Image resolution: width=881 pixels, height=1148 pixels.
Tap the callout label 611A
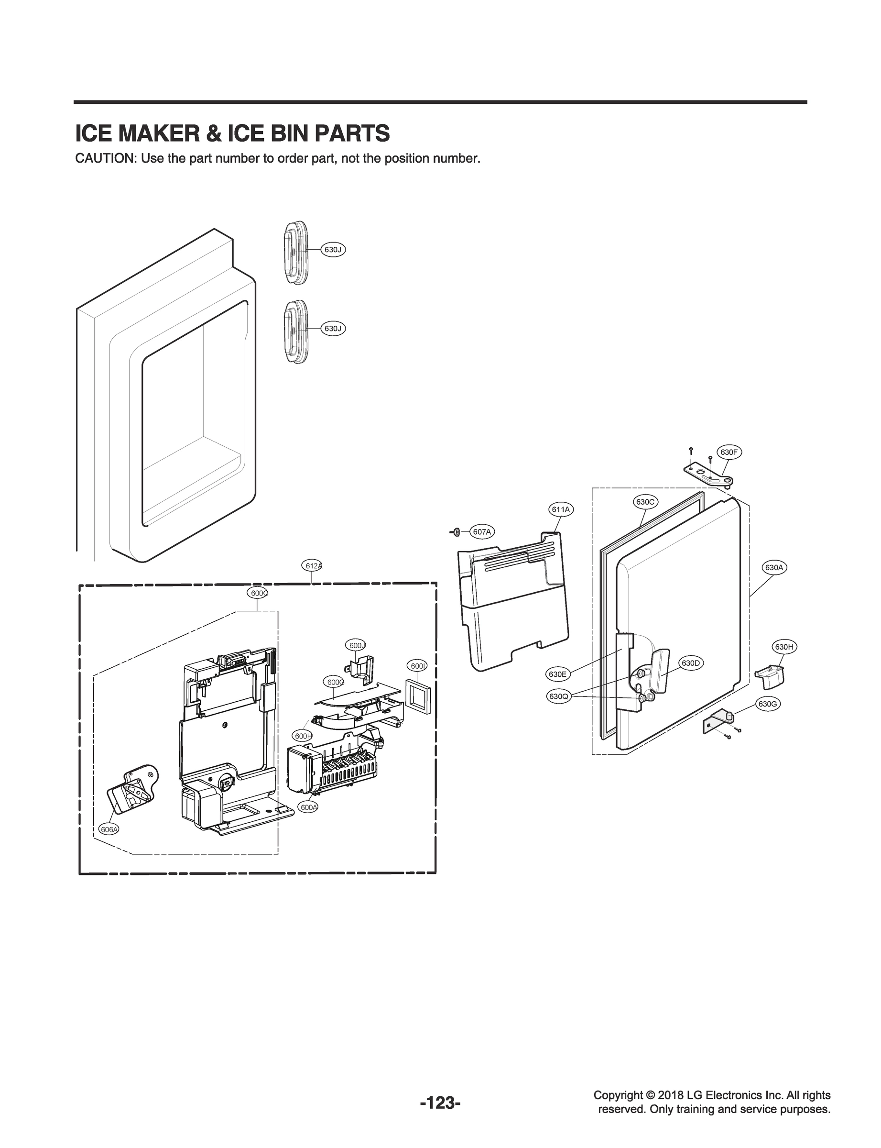tap(561, 509)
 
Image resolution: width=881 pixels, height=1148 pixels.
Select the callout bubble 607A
tap(482, 532)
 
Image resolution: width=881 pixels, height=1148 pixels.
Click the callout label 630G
tap(767, 704)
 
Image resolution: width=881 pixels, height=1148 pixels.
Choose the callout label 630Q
tap(559, 697)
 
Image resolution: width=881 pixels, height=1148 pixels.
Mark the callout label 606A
tap(109, 829)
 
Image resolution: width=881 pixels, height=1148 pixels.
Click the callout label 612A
tap(313, 565)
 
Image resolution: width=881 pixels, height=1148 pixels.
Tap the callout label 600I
tap(418, 666)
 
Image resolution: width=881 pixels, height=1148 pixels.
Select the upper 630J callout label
tap(333, 250)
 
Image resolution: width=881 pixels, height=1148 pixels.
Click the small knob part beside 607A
tap(456, 532)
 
